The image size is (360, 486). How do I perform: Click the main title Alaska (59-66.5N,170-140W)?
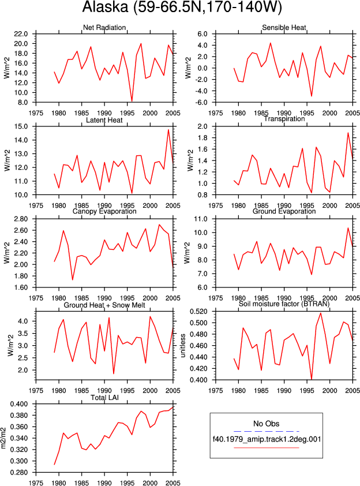[x=182, y=7]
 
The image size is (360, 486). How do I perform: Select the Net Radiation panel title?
[x=104, y=28]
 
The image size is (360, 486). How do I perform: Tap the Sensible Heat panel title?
[x=284, y=28]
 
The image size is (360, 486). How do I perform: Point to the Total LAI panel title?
[x=104, y=397]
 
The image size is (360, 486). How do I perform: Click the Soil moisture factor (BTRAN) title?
[x=284, y=304]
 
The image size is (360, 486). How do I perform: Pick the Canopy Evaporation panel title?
[x=104, y=211]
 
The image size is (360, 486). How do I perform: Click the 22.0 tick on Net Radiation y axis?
[x=21, y=34]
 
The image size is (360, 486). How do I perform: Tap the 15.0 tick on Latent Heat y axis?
[x=21, y=126]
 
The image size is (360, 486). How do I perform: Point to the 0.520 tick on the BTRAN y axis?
[x=198, y=311]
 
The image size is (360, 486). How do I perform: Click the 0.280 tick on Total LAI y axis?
[x=19, y=472]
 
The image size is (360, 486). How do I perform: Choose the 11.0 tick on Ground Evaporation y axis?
[x=200, y=219]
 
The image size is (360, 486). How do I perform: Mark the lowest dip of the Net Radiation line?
[x=132, y=102]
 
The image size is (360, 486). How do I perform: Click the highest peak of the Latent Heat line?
[x=168, y=130]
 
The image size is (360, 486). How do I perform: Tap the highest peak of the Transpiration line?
[x=348, y=133]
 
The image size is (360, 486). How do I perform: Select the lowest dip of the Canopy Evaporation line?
[x=73, y=279]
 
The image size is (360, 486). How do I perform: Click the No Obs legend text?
[x=266, y=424]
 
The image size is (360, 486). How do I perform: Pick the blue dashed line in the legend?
[x=267, y=431]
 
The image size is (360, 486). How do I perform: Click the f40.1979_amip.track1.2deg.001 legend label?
[x=267, y=439]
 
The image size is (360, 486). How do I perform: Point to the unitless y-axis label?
[x=183, y=346]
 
